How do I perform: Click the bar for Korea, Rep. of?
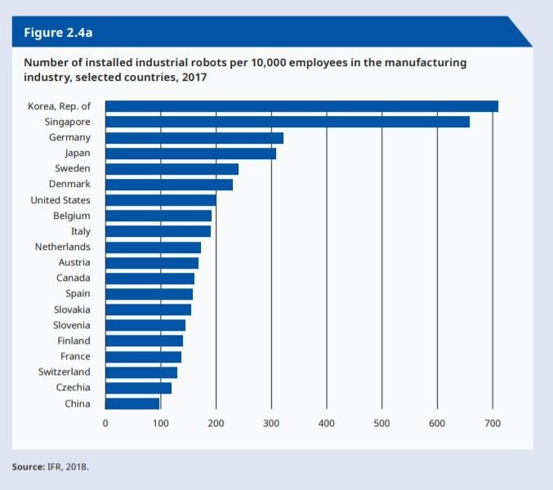[x=301, y=106]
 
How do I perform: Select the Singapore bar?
[x=288, y=122]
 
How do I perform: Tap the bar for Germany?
[x=194, y=138]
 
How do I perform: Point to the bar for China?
[x=132, y=403]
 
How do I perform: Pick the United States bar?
[x=161, y=200]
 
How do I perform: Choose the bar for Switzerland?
[x=141, y=372]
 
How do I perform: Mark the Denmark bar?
[x=169, y=185]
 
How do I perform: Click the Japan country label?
[x=78, y=154]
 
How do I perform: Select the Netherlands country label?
[x=63, y=247]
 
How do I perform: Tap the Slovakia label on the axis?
[x=72, y=310]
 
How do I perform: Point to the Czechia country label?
[x=74, y=387]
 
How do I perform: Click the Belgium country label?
[x=72, y=216]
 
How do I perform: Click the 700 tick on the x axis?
[x=493, y=423]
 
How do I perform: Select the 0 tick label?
[x=105, y=423]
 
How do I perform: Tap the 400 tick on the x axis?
[x=327, y=423]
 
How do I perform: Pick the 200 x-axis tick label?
[x=216, y=423]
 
